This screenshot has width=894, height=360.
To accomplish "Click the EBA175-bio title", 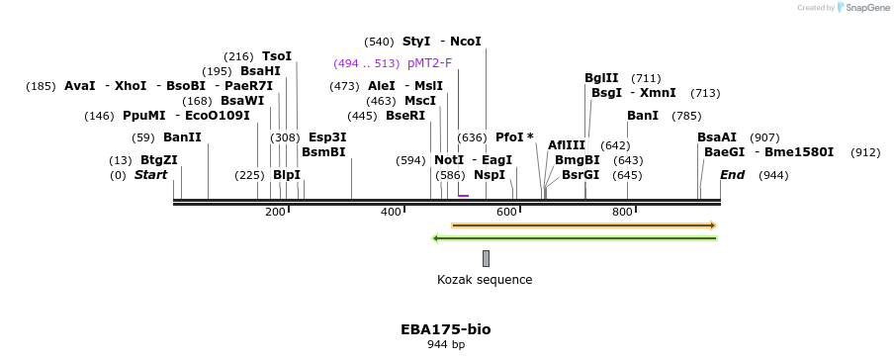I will point(445,329).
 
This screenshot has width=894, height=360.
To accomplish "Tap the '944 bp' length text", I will point(445,345).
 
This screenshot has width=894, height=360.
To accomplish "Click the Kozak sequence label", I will point(485,280).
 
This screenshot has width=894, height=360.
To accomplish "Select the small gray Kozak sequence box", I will point(486,258).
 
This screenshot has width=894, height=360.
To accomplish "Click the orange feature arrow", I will point(583,225).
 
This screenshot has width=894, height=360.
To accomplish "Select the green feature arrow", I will point(575,238).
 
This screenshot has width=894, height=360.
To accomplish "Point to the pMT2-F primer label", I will point(429,63).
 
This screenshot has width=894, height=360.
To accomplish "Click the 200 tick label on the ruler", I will point(275,212).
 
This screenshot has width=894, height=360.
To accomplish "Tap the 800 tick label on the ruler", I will point(622,212).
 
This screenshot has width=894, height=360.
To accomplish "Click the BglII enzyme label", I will point(601,78).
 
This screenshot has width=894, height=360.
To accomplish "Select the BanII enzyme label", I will point(182,137).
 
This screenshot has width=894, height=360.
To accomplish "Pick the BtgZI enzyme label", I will point(159,160).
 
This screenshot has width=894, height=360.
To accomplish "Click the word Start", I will point(150,175).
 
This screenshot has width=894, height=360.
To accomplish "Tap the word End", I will point(732,175).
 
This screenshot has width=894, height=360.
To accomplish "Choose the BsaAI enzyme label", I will point(717,137).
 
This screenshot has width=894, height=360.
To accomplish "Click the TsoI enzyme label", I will point(277,56).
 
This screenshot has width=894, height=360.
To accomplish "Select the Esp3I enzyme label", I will point(327,137).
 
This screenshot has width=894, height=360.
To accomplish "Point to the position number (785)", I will point(686,116).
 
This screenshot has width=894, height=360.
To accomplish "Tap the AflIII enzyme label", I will point(567,145).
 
